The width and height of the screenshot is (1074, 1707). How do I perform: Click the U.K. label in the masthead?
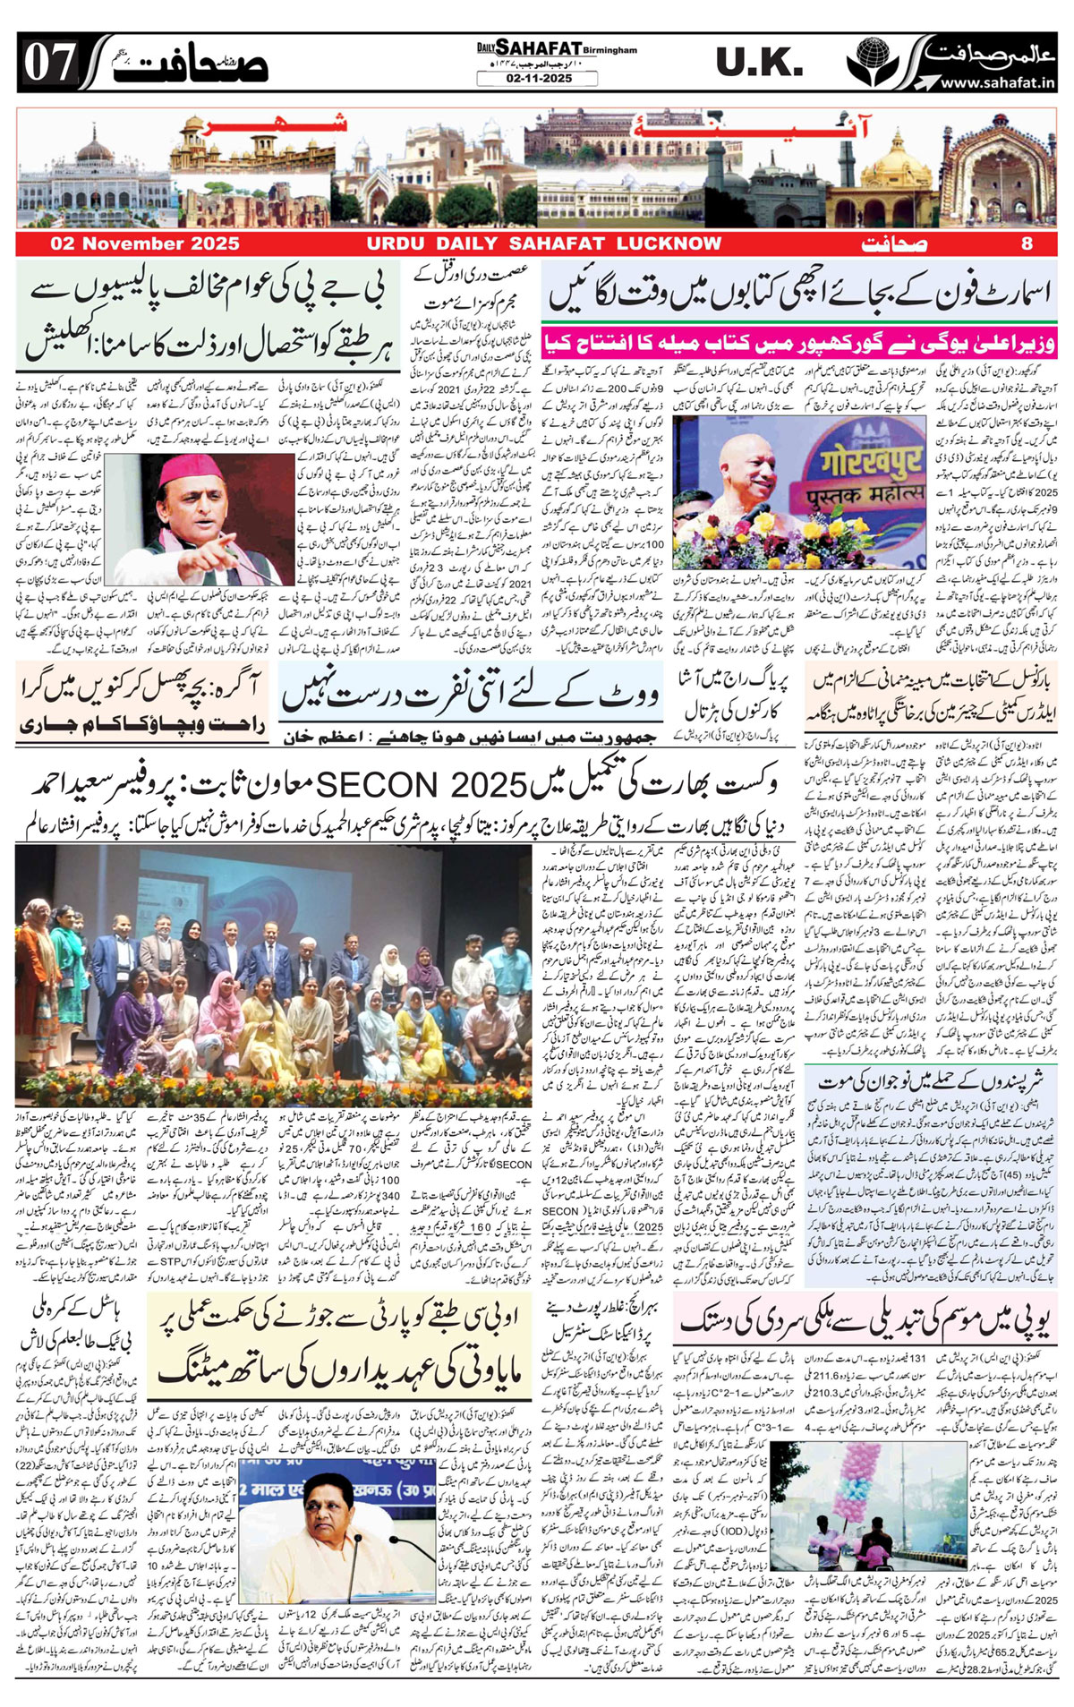pyautogui.click(x=759, y=64)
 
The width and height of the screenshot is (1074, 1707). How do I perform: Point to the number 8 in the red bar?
pyautogui.click(x=1027, y=243)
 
